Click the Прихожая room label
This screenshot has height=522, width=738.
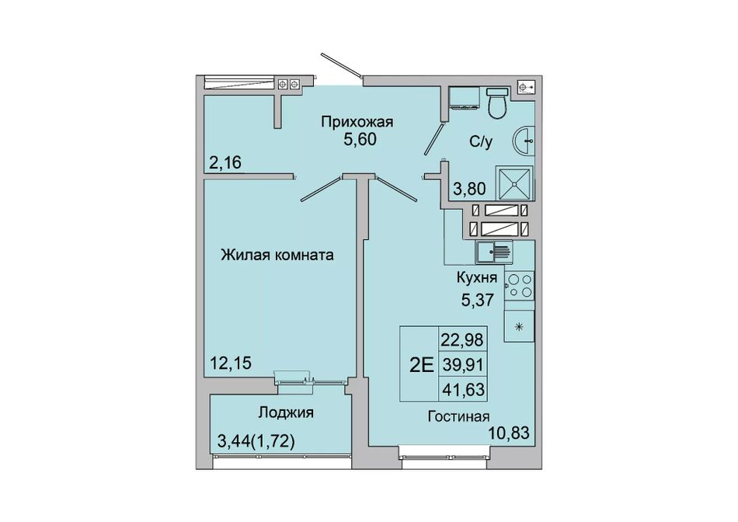pyautogui.click(x=357, y=123)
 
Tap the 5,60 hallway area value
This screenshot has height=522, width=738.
pyautogui.click(x=360, y=140)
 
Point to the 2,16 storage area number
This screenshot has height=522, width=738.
pyautogui.click(x=225, y=163)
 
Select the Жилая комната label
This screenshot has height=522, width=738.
pyautogui.click(x=277, y=255)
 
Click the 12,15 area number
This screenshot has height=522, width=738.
pyautogui.click(x=231, y=363)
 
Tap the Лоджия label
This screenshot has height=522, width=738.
pyautogui.click(x=286, y=412)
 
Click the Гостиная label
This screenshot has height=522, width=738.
pyautogui.click(x=458, y=416)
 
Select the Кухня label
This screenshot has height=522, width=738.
pyautogui.click(x=477, y=278)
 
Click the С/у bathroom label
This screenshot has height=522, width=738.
pyautogui.click(x=481, y=141)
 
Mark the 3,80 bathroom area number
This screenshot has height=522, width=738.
pyautogui.click(x=469, y=190)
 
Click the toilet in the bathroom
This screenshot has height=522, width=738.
pyautogui.click(x=497, y=102)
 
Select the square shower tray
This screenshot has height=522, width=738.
pyautogui.click(x=514, y=183)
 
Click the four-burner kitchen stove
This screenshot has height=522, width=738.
pyautogui.click(x=520, y=286)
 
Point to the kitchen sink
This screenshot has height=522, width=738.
pyautogui.click(x=493, y=252)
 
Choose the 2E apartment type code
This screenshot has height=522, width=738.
pyautogui.click(x=421, y=364)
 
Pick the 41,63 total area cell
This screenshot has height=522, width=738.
pyautogui.click(x=463, y=390)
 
